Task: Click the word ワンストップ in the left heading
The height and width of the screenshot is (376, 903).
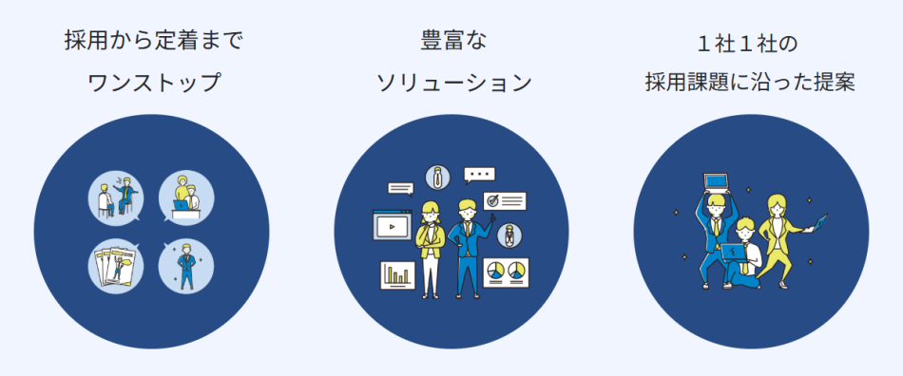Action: click(x=153, y=83)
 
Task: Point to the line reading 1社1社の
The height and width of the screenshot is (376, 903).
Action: click(x=751, y=45)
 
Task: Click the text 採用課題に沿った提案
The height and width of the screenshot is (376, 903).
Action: click(x=751, y=83)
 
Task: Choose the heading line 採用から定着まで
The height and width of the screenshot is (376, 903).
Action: click(x=153, y=41)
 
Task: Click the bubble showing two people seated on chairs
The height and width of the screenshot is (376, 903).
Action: click(x=121, y=197)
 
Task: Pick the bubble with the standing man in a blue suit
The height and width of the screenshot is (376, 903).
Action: click(x=185, y=266)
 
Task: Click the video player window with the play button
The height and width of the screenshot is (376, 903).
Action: click(x=391, y=226)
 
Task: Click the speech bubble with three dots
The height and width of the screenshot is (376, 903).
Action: click(x=480, y=175)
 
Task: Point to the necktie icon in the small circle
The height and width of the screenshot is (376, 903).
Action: click(x=437, y=176)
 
